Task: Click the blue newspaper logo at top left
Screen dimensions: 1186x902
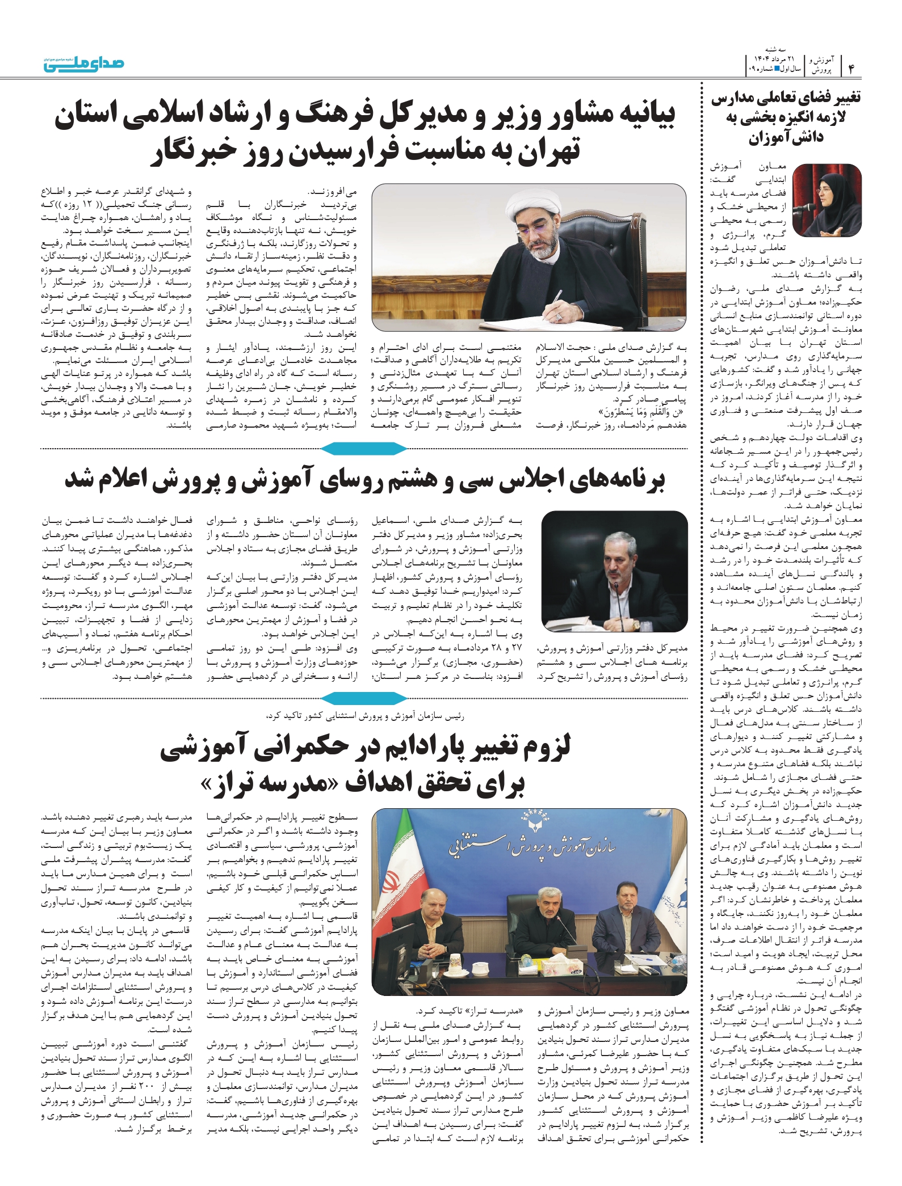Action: pos(84,64)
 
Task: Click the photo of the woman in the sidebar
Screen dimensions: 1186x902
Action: pos(827,200)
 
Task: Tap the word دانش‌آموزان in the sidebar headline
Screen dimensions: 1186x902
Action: pos(786,138)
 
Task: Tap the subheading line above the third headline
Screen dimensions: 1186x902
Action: pos(364,716)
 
